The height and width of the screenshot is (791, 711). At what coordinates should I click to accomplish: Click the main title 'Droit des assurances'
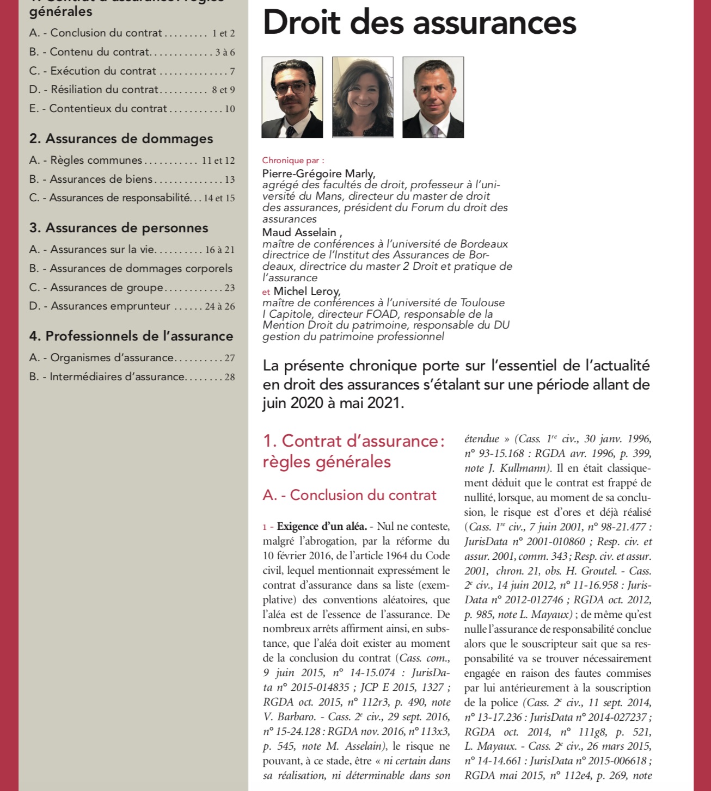(419, 23)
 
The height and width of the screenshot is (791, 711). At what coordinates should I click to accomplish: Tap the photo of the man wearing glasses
(292, 97)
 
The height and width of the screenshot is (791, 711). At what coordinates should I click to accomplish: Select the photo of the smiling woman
(363, 97)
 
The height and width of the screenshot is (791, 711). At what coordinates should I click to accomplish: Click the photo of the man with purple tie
(433, 97)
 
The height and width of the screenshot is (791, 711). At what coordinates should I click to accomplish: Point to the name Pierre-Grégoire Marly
(318, 174)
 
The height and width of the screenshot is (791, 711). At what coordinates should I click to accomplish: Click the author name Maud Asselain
(299, 232)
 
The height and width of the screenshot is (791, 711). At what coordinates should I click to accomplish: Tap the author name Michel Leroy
(307, 291)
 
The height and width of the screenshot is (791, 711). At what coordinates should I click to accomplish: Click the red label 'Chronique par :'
(293, 160)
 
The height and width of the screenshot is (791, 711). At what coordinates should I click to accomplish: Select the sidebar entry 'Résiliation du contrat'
(104, 89)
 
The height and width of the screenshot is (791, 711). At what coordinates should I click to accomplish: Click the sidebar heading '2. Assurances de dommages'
(121, 139)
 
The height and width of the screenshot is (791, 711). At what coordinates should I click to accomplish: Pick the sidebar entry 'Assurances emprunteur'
(110, 306)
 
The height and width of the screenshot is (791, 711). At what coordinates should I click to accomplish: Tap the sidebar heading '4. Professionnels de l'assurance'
(131, 336)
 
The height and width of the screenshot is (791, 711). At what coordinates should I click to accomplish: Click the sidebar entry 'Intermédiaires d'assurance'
(117, 376)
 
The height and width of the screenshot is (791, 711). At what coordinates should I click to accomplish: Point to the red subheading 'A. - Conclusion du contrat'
(350, 495)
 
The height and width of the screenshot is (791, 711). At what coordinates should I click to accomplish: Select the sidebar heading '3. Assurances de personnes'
(119, 228)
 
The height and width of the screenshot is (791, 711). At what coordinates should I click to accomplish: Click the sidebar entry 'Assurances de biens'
(101, 179)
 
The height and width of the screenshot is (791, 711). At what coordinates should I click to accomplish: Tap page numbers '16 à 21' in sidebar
(220, 250)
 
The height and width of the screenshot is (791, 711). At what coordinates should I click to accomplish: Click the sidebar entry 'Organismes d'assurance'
(112, 357)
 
